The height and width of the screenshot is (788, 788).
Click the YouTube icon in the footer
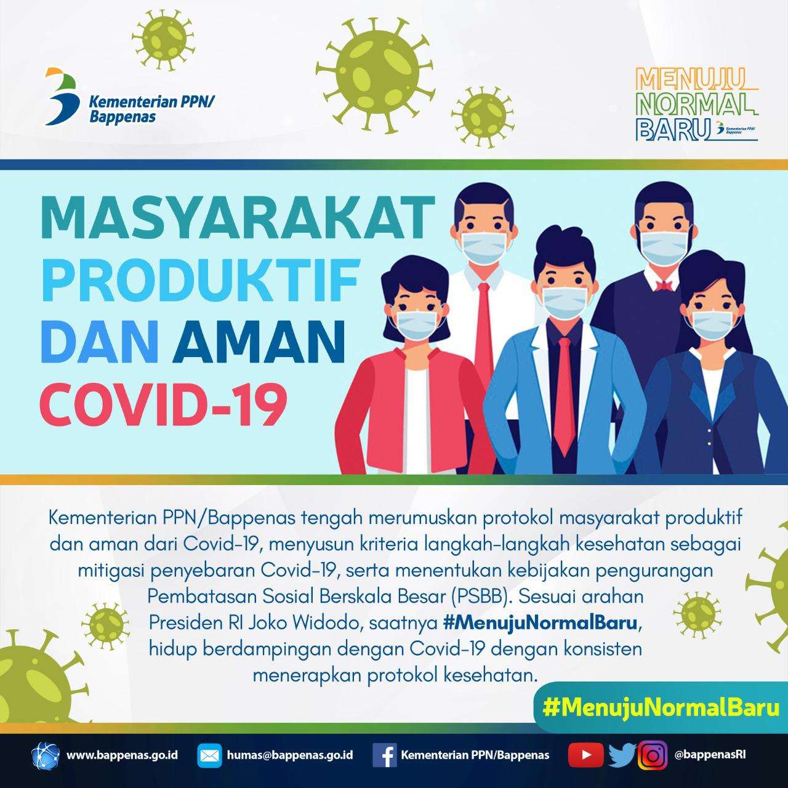[585, 755]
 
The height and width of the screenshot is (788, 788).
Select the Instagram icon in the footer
[653, 755]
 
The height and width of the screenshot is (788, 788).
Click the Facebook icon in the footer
[384, 755]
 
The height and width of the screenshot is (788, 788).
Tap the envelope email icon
[209, 755]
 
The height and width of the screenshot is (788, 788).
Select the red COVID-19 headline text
[164, 403]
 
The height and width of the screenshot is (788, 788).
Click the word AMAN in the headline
[259, 342]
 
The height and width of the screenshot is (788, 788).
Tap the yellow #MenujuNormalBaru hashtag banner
[661, 708]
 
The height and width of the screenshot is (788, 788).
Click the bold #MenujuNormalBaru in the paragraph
[540, 623]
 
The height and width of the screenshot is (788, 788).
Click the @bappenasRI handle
[710, 755]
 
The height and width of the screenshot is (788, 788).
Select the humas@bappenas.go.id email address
[290, 755]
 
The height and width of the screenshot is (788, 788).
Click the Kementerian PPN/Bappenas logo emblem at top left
[62, 97]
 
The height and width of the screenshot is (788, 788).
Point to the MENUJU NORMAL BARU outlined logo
[696, 104]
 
